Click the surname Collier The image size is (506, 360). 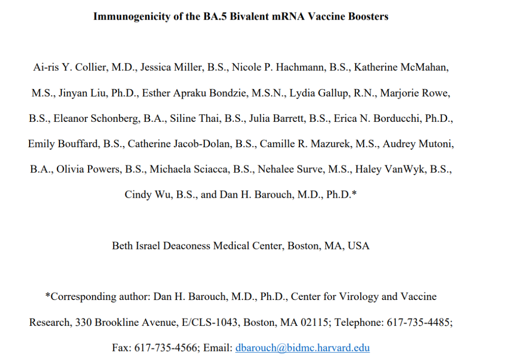coord(91,67)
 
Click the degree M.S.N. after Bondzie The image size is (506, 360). coord(268,93)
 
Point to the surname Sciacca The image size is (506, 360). coord(227,169)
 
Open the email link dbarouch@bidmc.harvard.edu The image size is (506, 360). coord(302,348)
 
